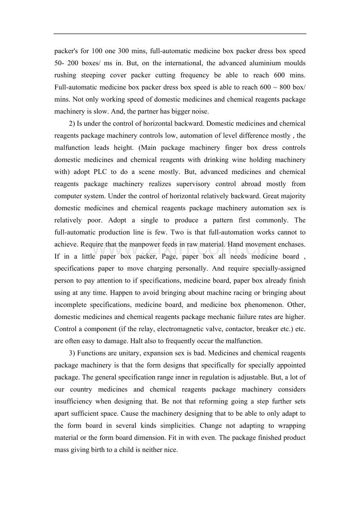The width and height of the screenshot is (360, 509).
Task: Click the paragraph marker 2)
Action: coord(72,124)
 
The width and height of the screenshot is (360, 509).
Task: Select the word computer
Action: coord(68,196)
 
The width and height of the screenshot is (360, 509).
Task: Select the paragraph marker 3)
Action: coord(72,353)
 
